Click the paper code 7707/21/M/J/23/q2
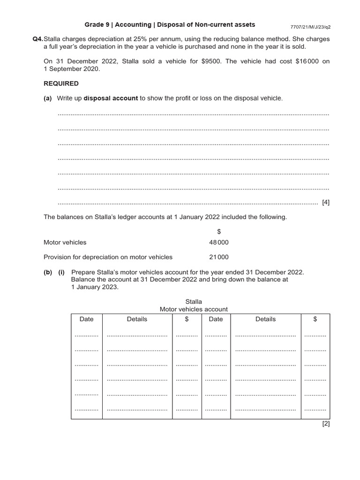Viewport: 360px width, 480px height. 311,27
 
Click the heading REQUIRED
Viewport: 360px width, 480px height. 61,83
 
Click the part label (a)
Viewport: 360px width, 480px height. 48,98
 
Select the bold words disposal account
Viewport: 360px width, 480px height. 111,98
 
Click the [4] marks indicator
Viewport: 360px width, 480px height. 326,202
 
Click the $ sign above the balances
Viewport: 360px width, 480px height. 219,231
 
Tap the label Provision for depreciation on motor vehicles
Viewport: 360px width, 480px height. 108,257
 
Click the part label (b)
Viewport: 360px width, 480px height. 48,272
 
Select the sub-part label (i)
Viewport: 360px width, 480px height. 61,272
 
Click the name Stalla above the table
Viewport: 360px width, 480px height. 194,301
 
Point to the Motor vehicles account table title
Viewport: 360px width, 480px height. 194,309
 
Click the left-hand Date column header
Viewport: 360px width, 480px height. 86,319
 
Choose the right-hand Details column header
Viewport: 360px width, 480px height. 265,319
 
